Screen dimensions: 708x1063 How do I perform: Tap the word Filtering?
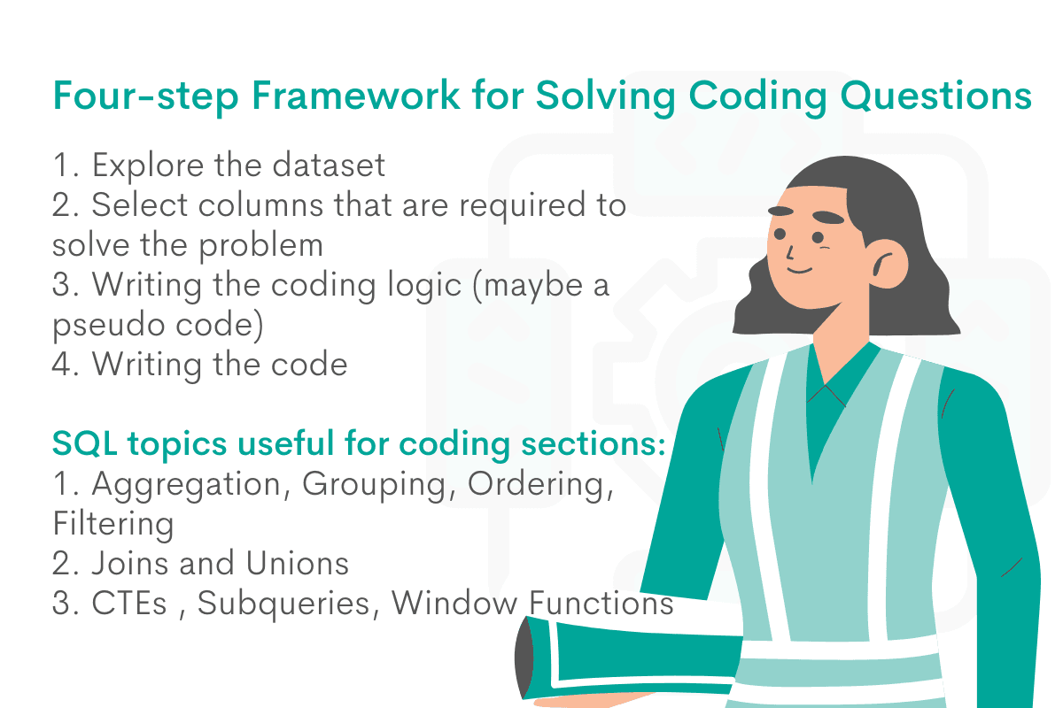tap(113, 524)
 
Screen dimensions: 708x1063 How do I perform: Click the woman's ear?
tap(883, 262)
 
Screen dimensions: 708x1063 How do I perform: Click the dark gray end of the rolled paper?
tap(524, 659)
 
